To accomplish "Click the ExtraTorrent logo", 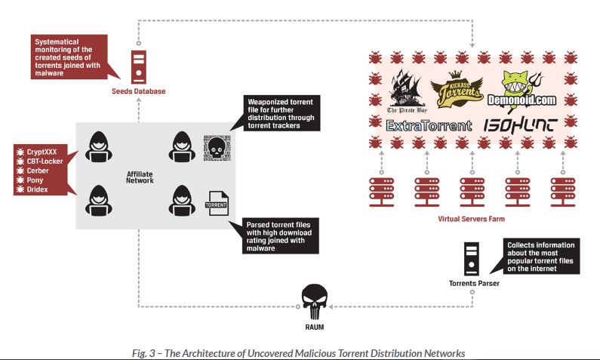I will [x=429, y=126].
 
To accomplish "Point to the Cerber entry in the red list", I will [x=38, y=171].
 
